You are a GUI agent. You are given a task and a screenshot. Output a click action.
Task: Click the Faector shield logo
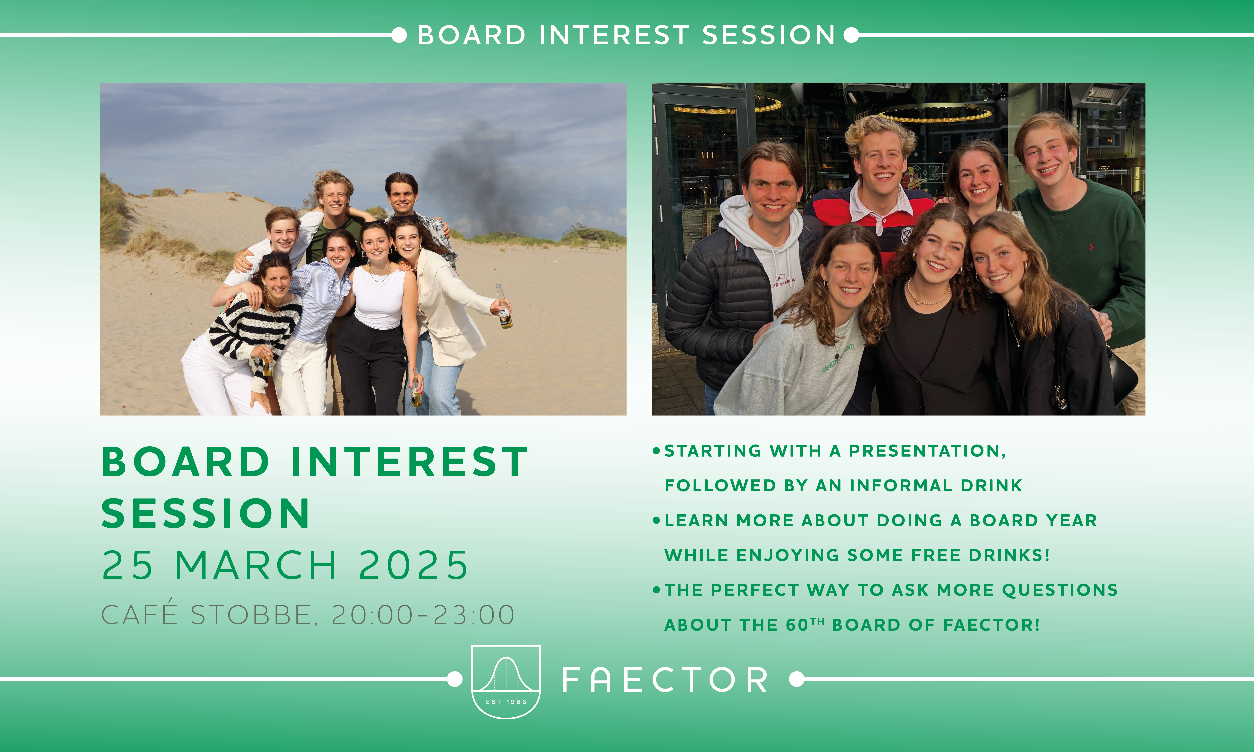point(506,682)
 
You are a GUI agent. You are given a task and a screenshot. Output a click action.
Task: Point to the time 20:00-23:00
point(423,615)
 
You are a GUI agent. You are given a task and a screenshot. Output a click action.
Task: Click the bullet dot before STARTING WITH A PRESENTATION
point(656,451)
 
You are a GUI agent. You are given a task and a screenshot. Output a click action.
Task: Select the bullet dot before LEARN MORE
point(656,520)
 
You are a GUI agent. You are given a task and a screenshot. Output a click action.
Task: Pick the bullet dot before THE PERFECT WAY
point(656,590)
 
